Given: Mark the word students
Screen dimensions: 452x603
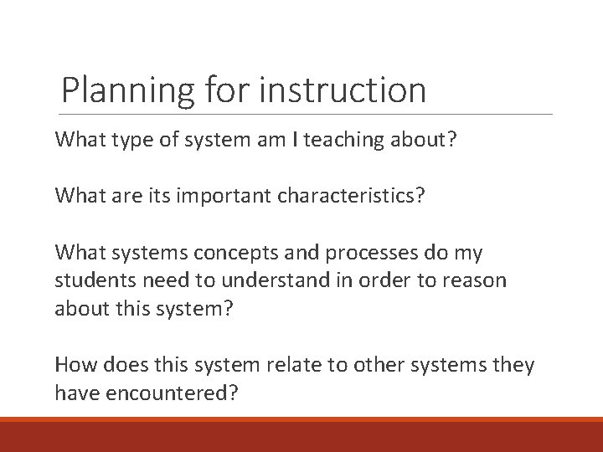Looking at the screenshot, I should coord(89,280).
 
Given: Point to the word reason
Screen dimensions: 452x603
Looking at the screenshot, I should coord(477,280).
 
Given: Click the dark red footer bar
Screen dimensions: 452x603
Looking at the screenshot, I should coord(301,435).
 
